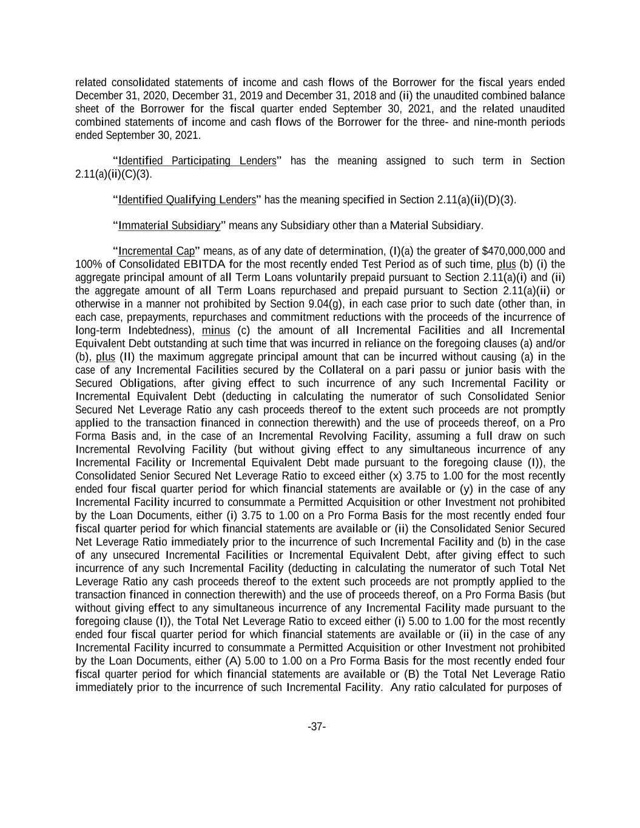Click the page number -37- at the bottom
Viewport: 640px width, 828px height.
click(x=317, y=727)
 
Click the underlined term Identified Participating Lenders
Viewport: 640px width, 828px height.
click(x=197, y=161)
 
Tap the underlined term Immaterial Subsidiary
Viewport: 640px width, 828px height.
click(x=169, y=226)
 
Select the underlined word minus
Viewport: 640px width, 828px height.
click(x=215, y=331)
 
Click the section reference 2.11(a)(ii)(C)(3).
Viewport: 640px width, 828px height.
click(x=113, y=174)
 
